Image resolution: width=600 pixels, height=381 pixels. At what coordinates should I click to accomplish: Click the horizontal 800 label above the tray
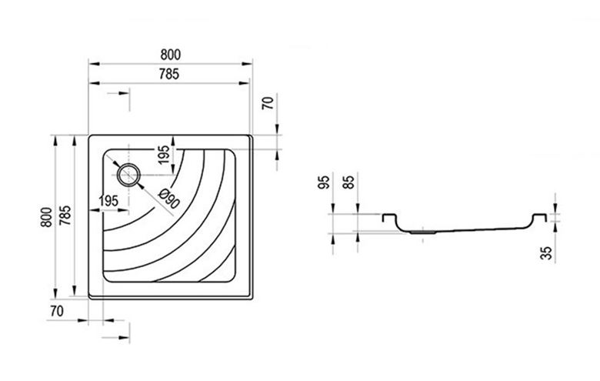coord(170,55)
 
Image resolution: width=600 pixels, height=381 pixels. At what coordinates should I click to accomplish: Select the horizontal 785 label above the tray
coord(168,74)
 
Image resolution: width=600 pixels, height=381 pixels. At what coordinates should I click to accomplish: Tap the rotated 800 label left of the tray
coord(46,217)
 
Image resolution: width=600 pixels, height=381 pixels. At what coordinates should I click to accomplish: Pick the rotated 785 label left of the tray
coord(65,216)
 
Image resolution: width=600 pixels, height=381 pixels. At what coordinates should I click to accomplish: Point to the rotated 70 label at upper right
coord(268,103)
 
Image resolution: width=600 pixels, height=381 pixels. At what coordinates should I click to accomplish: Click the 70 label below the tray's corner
coord(57,311)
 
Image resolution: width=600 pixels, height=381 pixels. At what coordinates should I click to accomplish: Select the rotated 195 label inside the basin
coord(164,155)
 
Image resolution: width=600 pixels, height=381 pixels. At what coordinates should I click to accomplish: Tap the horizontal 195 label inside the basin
coord(108,201)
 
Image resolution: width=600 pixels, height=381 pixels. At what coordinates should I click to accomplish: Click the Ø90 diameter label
coord(168,199)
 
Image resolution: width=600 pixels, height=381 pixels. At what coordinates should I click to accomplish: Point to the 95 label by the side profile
coord(324,182)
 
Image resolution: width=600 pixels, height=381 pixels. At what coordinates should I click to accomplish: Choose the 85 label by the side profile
coord(348,182)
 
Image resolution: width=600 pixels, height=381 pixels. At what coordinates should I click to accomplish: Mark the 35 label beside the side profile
coord(546,253)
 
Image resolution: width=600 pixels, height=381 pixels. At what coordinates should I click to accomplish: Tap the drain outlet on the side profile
coord(422,232)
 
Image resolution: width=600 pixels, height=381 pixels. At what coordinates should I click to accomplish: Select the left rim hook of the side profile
coord(389,217)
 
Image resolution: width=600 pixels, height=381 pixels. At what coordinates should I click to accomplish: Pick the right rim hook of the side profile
coord(539,217)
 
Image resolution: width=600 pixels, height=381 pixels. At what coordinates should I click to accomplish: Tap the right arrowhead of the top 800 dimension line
coord(246,64)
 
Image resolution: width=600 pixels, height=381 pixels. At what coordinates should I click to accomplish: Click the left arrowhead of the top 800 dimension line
coord(94,64)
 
